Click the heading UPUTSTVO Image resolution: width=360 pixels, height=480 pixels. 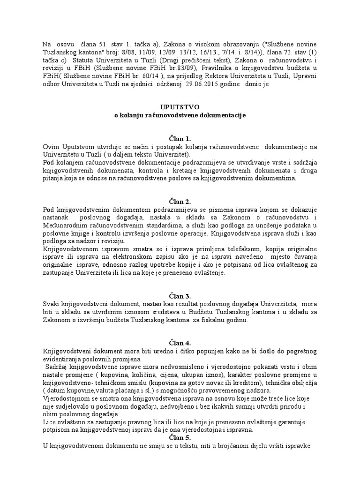(180, 106)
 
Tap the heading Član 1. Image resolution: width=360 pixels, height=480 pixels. (180, 139)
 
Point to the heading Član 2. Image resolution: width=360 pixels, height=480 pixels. (180, 202)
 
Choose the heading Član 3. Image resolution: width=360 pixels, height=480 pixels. (180, 296)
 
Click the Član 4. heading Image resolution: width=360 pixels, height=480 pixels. (180, 343)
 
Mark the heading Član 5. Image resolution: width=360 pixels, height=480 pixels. (180, 438)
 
